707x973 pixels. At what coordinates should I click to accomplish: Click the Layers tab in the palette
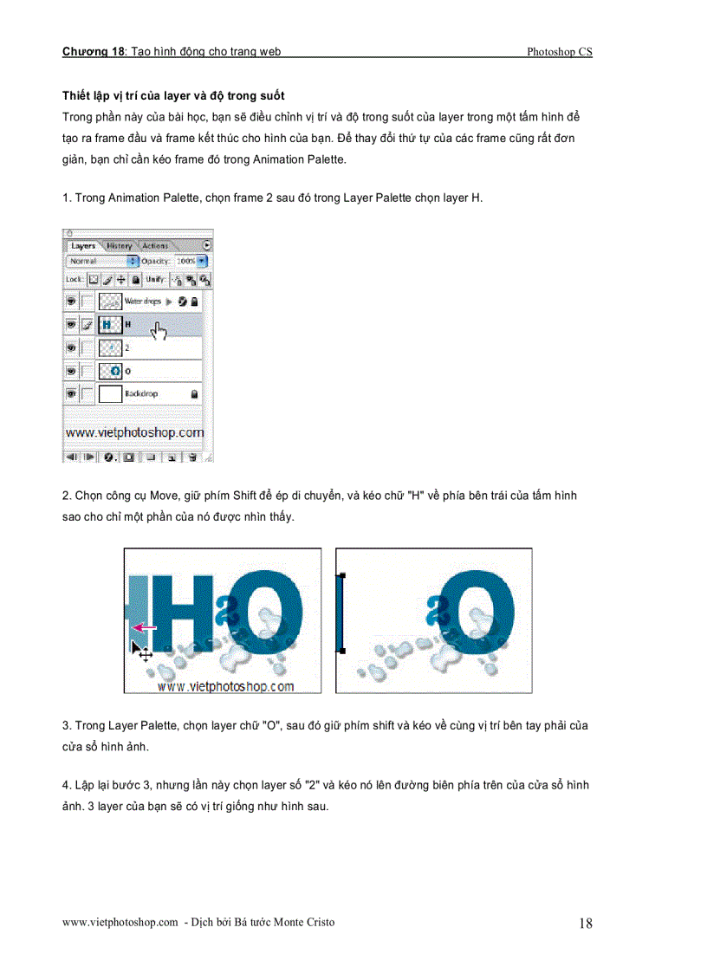click(83, 246)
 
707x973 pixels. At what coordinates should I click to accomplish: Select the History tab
click(120, 246)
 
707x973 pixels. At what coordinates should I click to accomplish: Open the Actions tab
click(155, 246)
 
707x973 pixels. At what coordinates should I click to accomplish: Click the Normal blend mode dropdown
click(102, 261)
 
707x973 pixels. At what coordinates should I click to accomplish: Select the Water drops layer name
click(144, 302)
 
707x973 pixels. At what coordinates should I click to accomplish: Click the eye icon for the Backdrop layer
click(71, 394)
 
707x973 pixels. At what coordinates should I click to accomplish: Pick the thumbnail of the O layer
click(110, 371)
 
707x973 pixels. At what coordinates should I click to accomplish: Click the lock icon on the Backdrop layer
click(194, 394)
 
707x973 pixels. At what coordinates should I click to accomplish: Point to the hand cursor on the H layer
click(158, 331)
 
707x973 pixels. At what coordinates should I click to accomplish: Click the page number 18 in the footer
click(585, 924)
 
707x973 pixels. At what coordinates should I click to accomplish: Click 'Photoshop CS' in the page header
click(559, 52)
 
